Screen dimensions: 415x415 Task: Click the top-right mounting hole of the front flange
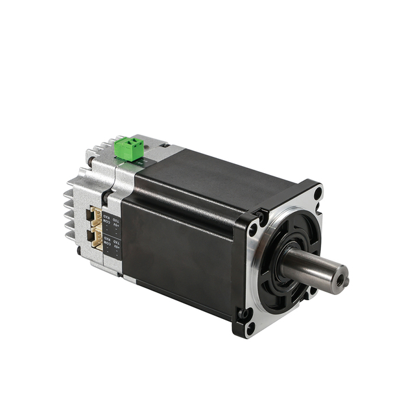tap(317, 193)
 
